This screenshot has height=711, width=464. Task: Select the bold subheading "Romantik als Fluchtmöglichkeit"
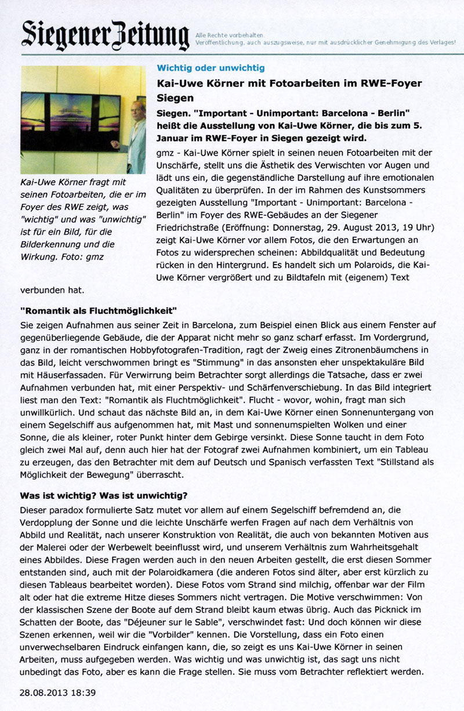point(98,311)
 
